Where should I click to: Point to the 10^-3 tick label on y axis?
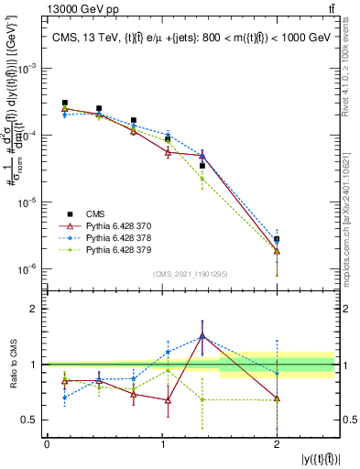28,68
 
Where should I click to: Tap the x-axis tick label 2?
277,444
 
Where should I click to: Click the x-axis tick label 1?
161,444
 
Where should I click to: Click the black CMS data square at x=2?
277,239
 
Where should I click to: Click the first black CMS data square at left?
64,104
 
